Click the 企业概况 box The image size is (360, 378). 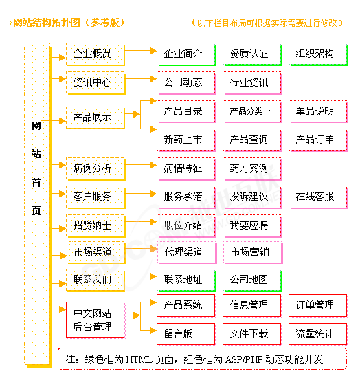[x=95, y=54]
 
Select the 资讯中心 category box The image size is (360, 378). [x=95, y=82]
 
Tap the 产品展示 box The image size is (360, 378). [x=95, y=118]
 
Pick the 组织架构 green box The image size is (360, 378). [x=318, y=54]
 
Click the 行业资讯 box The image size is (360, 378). [x=252, y=82]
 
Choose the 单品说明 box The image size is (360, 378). [x=318, y=111]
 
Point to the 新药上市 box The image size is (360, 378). [x=186, y=140]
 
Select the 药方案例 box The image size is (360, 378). [x=252, y=168]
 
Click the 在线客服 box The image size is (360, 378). [x=318, y=197]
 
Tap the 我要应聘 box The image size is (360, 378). [x=252, y=225]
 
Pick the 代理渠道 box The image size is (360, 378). [x=187, y=252]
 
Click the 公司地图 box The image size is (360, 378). [x=252, y=280]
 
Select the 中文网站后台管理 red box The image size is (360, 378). [x=95, y=320]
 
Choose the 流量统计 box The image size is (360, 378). [x=318, y=334]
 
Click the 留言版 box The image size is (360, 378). [x=186, y=334]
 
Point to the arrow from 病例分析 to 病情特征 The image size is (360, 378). [x=141, y=165]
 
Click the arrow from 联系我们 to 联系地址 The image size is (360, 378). [x=141, y=276]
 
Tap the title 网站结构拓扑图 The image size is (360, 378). [x=47, y=23]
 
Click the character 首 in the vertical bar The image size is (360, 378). [x=36, y=183]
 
